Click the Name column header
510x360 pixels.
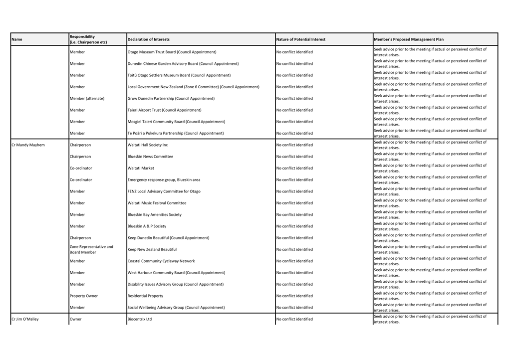16,39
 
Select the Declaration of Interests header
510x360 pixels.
148,39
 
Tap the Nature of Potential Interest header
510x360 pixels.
300,39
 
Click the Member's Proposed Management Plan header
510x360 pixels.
408,39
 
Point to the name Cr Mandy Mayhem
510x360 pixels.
28,145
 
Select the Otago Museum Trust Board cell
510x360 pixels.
172,52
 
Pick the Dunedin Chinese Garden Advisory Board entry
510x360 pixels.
183,64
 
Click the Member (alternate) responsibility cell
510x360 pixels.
87,99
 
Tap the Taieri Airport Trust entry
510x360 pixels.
164,110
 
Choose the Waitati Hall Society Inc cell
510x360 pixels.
148,145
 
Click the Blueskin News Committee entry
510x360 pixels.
150,157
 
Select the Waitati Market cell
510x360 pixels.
141,169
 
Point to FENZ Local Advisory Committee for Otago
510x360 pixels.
164,191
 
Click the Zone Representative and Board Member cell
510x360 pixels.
91,249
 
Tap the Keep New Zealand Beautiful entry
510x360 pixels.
152,250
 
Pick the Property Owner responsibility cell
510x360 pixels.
84,296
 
